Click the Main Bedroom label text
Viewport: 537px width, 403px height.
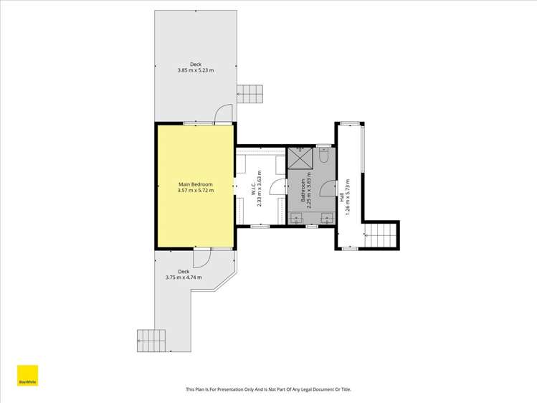click(x=195, y=184)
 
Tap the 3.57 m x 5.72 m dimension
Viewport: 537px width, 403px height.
click(x=195, y=191)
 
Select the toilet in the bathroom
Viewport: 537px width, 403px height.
click(x=323, y=154)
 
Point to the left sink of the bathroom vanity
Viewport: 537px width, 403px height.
click(x=296, y=217)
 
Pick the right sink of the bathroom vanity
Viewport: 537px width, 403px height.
click(x=327, y=217)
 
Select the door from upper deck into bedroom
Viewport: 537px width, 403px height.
click(x=224, y=114)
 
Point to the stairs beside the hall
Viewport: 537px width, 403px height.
click(x=381, y=235)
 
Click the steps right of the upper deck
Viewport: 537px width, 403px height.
click(x=251, y=93)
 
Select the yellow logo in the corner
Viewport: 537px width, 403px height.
click(x=27, y=376)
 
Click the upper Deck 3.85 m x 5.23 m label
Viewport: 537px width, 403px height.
click(x=195, y=67)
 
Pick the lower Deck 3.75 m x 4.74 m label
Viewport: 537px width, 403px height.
click(x=184, y=274)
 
